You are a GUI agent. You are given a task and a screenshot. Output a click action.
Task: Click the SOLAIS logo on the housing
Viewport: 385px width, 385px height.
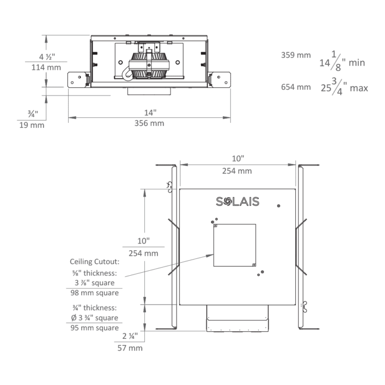pyautogui.click(x=237, y=202)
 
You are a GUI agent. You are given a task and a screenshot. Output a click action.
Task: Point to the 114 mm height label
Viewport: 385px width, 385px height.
pyautogui.click(x=47, y=68)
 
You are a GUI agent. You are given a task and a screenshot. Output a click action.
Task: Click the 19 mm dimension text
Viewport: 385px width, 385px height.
pyautogui.click(x=31, y=125)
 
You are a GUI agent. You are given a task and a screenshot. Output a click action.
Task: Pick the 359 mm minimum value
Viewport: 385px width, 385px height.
pyautogui.click(x=296, y=56)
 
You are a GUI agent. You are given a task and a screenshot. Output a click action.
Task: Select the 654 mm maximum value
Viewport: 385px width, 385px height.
pyautogui.click(x=296, y=88)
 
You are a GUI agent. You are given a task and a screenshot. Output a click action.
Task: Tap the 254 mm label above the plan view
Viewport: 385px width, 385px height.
pyautogui.click(x=237, y=171)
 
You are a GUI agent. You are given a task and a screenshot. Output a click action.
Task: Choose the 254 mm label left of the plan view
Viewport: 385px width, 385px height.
pyautogui.click(x=143, y=253)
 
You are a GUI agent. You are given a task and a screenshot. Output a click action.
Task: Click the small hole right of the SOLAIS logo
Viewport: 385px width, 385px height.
pyautogui.click(x=279, y=206)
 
